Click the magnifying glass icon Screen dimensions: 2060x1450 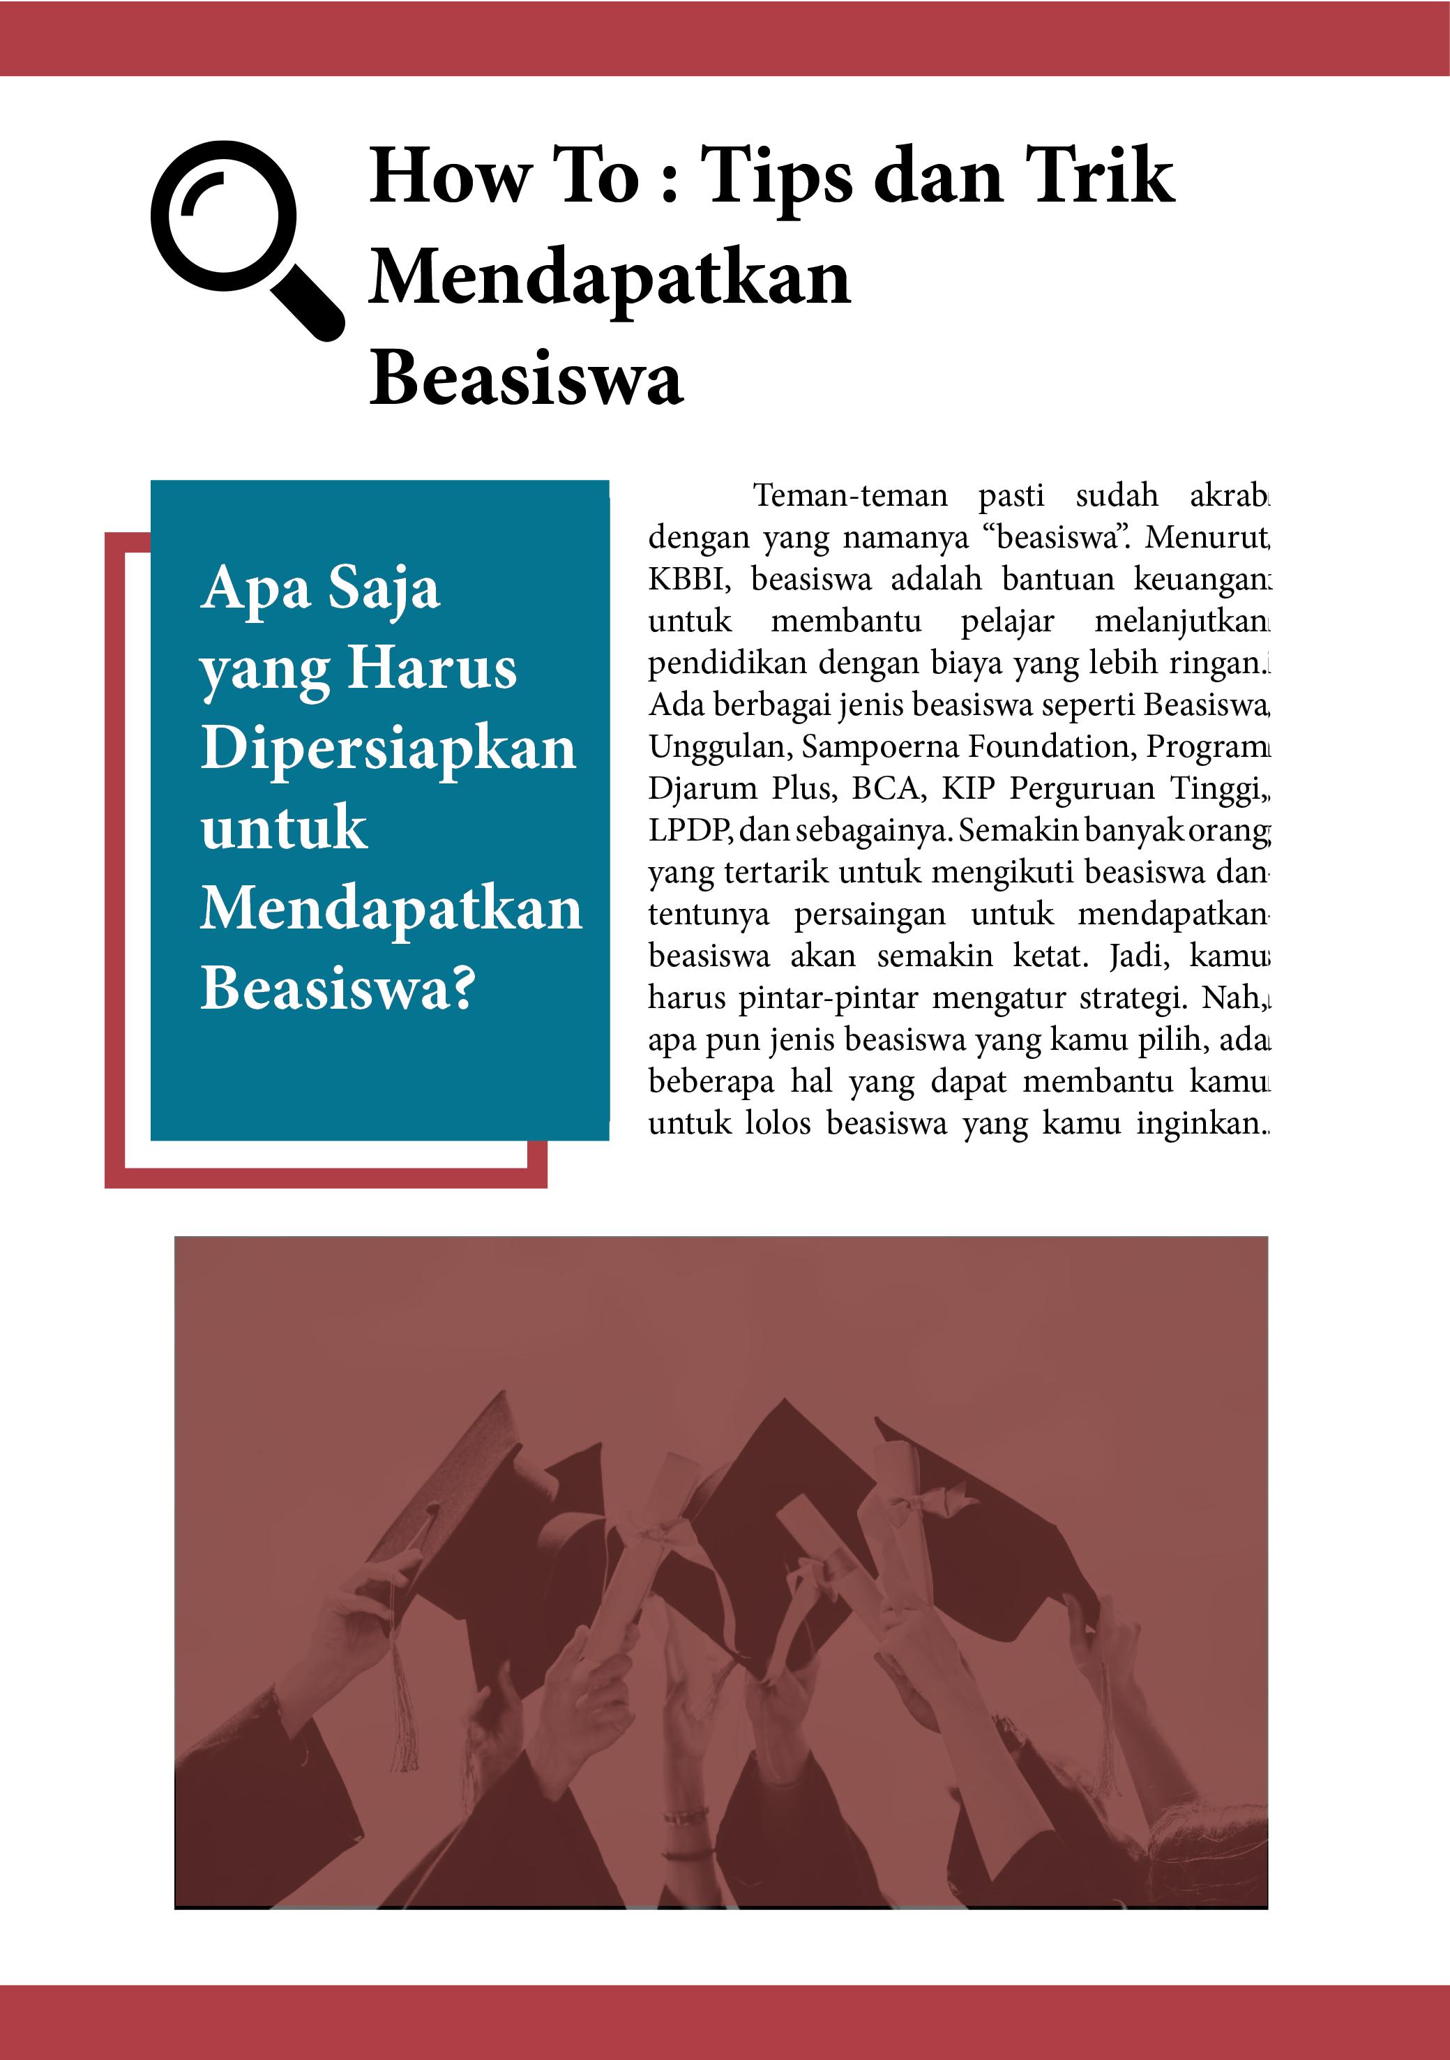[244, 238]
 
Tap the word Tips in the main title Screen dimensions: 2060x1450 [776, 178]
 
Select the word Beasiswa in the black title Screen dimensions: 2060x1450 [526, 377]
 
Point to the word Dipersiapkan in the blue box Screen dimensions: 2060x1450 [388, 749]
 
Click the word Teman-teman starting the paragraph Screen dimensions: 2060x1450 [849, 495]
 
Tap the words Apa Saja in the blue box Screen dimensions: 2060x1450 [320, 589]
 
